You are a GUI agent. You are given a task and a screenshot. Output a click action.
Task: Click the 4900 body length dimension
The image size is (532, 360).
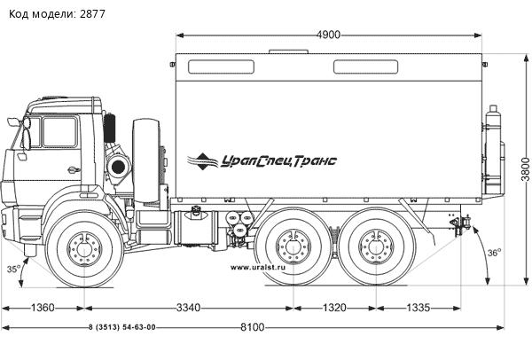(x=328, y=35)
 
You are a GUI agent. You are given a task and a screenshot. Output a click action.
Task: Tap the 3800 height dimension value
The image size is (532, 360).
(x=526, y=169)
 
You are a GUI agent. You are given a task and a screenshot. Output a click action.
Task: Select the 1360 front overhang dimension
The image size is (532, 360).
(x=43, y=308)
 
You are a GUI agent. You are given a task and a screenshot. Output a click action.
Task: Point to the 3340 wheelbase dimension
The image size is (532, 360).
(x=188, y=308)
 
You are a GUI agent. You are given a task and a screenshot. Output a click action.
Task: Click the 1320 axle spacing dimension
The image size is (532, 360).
(x=334, y=308)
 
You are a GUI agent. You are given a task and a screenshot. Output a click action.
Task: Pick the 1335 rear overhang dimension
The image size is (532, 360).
(x=419, y=308)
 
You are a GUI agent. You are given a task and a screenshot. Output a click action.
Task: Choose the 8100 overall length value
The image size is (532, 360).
(x=252, y=327)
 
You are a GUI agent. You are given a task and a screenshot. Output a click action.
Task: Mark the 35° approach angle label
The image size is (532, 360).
(x=13, y=269)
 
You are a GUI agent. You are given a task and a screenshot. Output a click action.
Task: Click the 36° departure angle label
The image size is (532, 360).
(x=495, y=253)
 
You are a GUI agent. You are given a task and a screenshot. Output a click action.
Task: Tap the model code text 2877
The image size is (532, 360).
(x=92, y=14)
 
